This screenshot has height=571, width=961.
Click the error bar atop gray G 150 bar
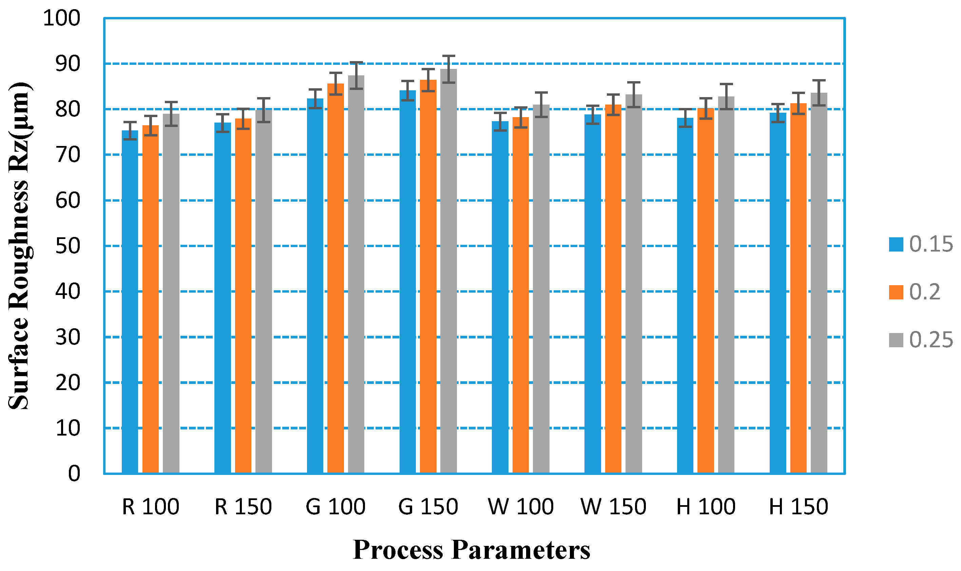coord(448,69)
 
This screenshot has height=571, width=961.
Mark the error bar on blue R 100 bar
coord(130,130)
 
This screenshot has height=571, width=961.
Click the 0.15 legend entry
coord(921,244)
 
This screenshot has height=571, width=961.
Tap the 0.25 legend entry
coord(921,340)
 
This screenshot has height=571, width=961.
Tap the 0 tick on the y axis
coord(74,474)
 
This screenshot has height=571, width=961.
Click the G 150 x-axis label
coord(428,507)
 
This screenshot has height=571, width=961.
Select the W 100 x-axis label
coord(521,507)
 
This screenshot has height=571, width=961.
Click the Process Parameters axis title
coord(471,550)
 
